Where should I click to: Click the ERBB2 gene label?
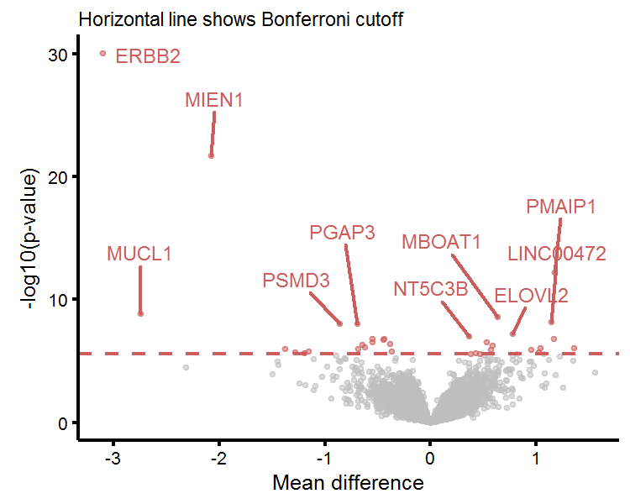point(148,57)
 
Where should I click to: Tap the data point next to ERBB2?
point(103,53)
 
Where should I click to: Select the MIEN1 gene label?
point(214,101)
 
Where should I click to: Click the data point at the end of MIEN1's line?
point(212,155)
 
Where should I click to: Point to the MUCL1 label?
point(139,253)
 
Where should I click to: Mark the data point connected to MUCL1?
point(140,313)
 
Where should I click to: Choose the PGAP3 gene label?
point(342,233)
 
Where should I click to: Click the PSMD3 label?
point(296,281)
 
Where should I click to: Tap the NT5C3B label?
point(430,290)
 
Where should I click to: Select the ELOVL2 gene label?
point(531,296)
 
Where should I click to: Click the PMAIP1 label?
point(561,207)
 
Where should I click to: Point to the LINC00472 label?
point(557,254)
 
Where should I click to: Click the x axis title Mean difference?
point(348,483)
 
